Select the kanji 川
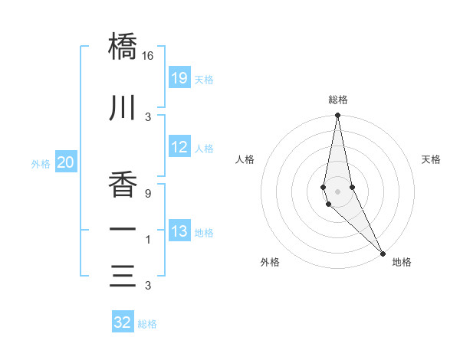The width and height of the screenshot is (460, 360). (x=123, y=110)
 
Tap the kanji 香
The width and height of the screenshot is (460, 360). (x=123, y=185)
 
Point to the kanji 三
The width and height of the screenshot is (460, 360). (x=123, y=276)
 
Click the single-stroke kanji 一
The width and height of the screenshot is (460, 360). (x=123, y=231)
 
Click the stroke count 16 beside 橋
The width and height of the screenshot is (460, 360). (x=148, y=56)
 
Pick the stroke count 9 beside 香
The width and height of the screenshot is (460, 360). (x=148, y=193)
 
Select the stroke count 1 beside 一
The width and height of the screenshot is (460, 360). (x=148, y=241)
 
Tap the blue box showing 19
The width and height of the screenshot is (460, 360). (x=179, y=78)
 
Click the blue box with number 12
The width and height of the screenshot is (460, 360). (x=179, y=147)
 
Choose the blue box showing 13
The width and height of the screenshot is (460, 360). (x=179, y=231)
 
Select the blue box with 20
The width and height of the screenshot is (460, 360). (x=66, y=162)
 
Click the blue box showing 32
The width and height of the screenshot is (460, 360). (x=123, y=322)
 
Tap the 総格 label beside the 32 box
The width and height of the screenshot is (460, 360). (x=147, y=324)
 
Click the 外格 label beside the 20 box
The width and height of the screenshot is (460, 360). (x=41, y=163)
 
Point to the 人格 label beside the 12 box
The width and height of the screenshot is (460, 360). (x=204, y=149)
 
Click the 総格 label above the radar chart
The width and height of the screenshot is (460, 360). (x=338, y=100)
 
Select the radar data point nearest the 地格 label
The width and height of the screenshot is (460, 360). (x=382, y=253)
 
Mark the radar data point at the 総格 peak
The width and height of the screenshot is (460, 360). (x=338, y=116)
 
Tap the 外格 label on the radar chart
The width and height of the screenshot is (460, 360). (x=270, y=262)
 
